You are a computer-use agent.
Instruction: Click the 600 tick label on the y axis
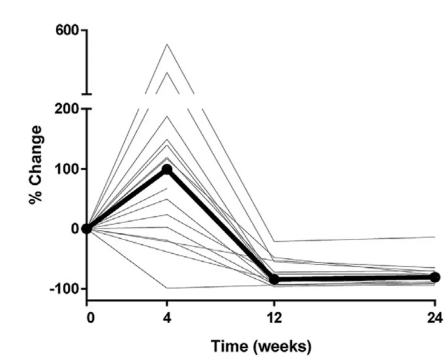(x=68, y=30)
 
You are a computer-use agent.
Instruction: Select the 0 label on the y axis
(x=76, y=228)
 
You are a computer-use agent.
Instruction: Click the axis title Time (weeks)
(x=261, y=347)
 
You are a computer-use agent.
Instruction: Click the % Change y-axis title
(x=36, y=165)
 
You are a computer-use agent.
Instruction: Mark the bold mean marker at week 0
(x=87, y=228)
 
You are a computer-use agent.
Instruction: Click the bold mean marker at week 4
(x=166, y=169)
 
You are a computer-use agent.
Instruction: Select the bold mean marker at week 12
(x=274, y=279)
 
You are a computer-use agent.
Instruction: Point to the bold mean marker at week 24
(x=435, y=277)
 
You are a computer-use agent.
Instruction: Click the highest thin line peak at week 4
(x=166, y=44)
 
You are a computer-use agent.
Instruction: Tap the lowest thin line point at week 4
(x=166, y=288)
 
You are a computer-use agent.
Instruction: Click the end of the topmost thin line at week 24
(x=435, y=237)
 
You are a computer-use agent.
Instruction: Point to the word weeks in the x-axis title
(x=286, y=347)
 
